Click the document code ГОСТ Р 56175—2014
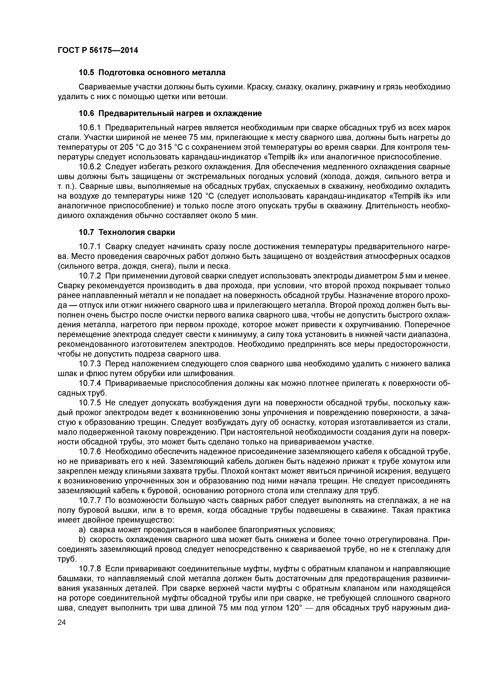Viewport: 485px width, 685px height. pos(98,50)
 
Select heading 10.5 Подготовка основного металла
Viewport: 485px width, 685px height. pos(152,72)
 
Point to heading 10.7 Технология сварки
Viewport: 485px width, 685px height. pos(127,232)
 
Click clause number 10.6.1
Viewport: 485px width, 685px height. pos(90,128)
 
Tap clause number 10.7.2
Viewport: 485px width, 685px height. pos(90,276)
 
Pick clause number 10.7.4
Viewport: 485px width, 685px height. pos(90,383)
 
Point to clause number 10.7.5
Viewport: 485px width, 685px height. pos(90,403)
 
